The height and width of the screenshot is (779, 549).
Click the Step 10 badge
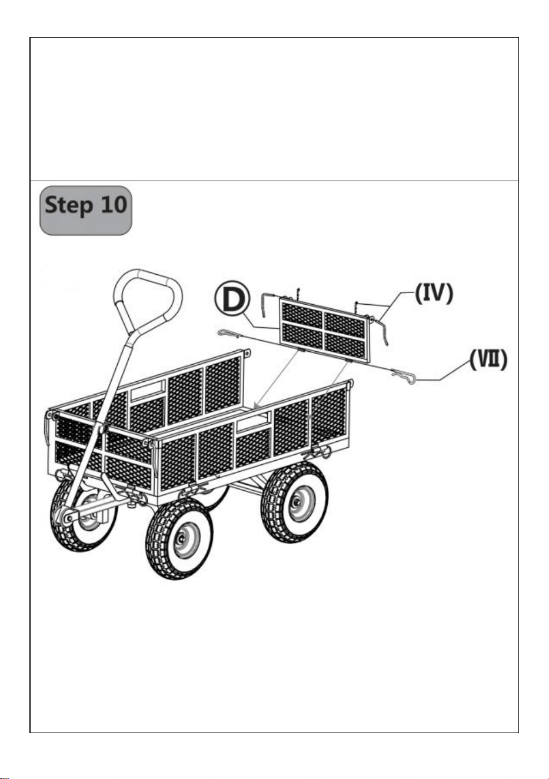pyautogui.click(x=85, y=211)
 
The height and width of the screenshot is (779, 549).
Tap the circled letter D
pyautogui.click(x=232, y=299)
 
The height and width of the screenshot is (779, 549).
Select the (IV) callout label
pyautogui.click(x=434, y=293)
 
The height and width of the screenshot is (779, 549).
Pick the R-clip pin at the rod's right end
pyautogui.click(x=404, y=377)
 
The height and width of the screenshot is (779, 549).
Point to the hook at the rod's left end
pyautogui.click(x=227, y=334)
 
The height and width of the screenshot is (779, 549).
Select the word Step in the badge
pyautogui.click(x=69, y=205)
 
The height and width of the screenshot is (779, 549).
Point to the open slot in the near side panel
pyautogui.click(x=253, y=421)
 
